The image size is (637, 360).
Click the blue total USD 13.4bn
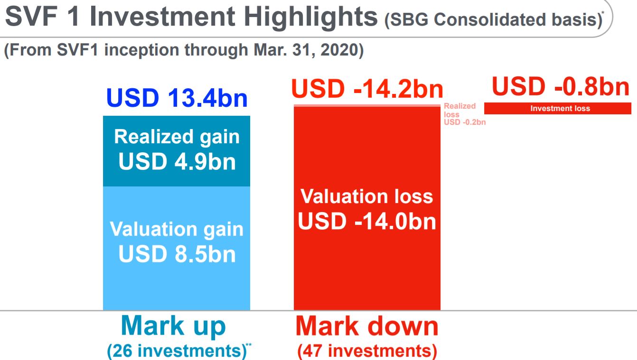[177, 98]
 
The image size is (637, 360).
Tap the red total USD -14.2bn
[367, 89]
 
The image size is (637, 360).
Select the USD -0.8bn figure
[561, 87]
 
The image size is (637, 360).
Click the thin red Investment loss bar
[558, 109]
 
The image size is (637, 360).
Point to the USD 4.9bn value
[177, 161]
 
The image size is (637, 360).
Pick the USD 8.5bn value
[177, 254]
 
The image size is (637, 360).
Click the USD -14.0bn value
[367, 221]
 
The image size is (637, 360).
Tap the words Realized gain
[177, 137]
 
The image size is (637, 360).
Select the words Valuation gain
[177, 229]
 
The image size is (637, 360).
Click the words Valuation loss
[367, 196]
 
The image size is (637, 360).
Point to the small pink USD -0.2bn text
[465, 122]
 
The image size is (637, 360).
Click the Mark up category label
[173, 326]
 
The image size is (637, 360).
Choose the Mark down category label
[367, 326]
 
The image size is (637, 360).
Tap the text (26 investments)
[176, 351]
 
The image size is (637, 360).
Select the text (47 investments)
[367, 351]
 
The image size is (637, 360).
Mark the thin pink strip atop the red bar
[367, 105]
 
